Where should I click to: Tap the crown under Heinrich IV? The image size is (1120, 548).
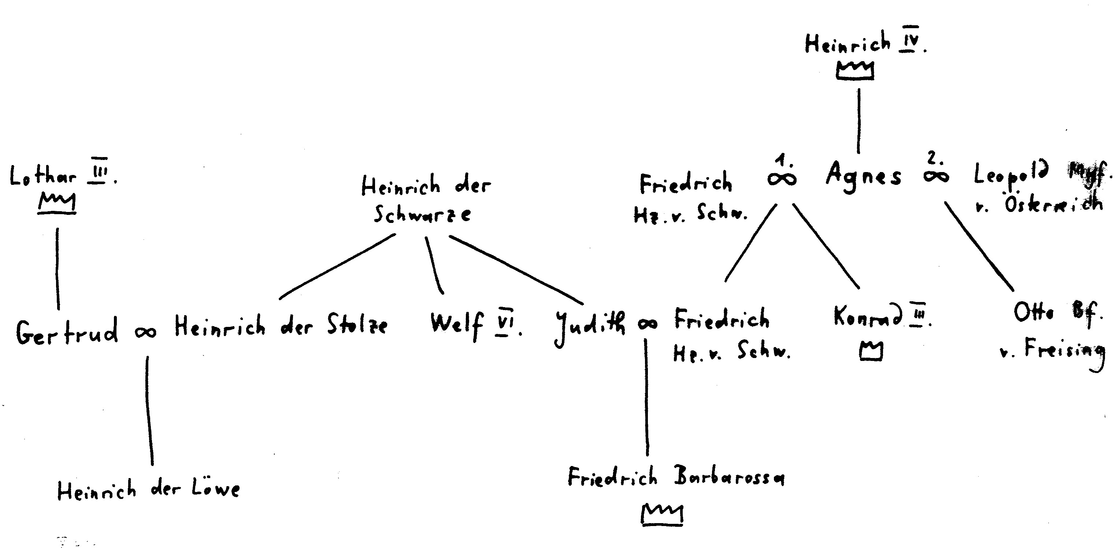point(855,70)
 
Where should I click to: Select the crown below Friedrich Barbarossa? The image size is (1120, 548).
point(662,515)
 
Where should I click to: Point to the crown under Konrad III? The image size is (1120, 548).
point(871,351)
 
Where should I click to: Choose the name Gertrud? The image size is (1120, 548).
point(67,331)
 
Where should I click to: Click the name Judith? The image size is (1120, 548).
point(590,326)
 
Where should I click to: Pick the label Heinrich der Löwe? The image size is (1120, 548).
point(148,490)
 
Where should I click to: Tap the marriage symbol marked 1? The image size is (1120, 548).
point(782,179)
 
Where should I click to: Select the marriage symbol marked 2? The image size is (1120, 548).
point(936,176)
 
